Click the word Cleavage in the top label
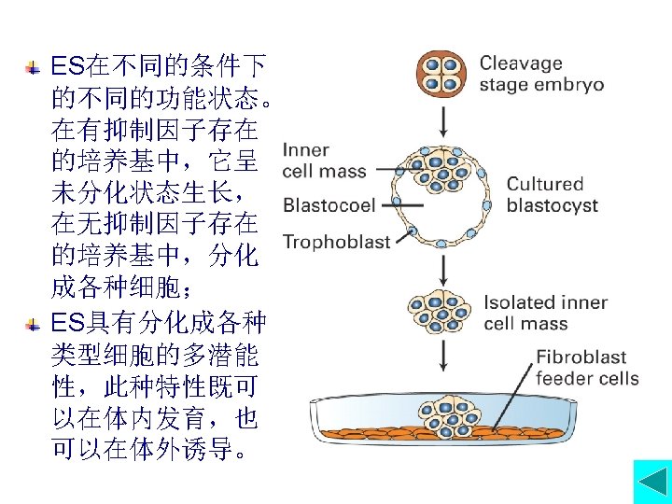pos(521,64)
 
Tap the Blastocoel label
pos(329,205)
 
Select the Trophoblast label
pos(336,243)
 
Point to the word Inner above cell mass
pos(305,151)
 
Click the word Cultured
pos(545,184)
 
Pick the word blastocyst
pos(553,205)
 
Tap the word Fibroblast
pos(581,357)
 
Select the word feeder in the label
pos(561,378)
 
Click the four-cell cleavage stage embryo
pos(441,74)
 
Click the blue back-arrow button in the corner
pos(651,483)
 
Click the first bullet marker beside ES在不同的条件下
pos(33,68)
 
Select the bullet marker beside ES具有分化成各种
pos(33,325)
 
